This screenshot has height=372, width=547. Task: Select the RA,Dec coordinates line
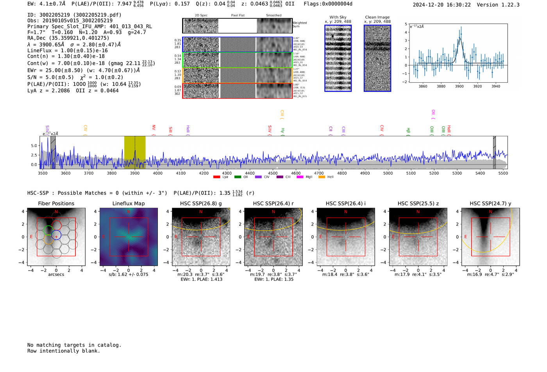[x=68, y=38]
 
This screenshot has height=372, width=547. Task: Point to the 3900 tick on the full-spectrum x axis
[x=135, y=173]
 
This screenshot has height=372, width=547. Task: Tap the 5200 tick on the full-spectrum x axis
[x=434, y=173]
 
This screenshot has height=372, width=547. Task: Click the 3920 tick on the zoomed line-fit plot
[x=477, y=86]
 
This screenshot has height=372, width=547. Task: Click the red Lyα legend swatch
[x=216, y=177]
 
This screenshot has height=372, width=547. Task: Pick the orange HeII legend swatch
[x=322, y=177]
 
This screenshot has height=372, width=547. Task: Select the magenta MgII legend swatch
[x=300, y=177]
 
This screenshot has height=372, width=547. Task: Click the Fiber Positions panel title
[x=56, y=203]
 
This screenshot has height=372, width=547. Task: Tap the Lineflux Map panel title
[x=129, y=203]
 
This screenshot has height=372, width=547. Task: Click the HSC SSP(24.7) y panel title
[x=490, y=203]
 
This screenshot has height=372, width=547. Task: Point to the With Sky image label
[x=338, y=17]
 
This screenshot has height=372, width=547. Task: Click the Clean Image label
[x=377, y=17]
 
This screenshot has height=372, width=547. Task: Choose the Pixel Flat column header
[x=238, y=16]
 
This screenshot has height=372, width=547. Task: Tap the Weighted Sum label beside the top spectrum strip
[x=300, y=25]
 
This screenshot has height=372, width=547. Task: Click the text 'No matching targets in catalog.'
[x=74, y=345]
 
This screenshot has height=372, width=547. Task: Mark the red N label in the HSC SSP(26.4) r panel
[x=273, y=212]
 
